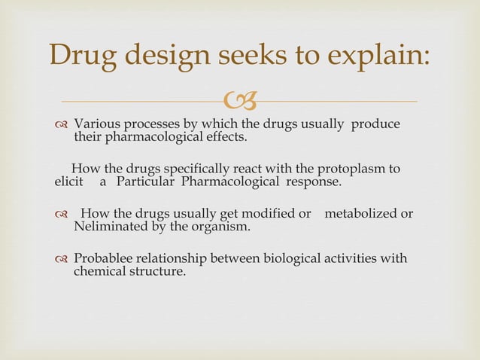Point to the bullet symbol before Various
[x=62, y=124]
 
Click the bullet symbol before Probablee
[x=62, y=259]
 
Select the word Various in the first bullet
[x=100, y=124]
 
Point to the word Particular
[x=144, y=182]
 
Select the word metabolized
[x=360, y=214]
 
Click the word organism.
[x=223, y=227]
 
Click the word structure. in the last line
[x=156, y=272]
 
